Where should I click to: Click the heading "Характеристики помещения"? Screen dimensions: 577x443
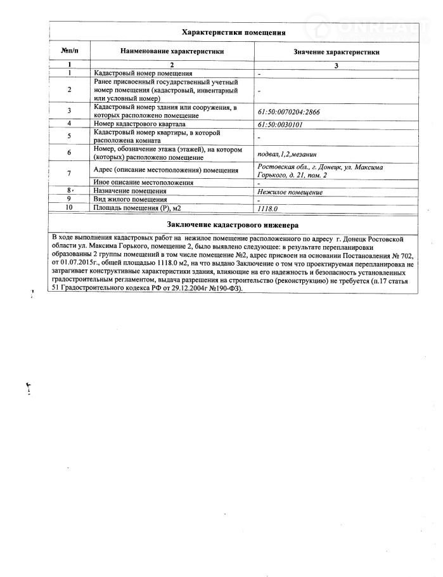[x=233, y=32]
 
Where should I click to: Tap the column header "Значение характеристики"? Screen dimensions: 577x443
[x=337, y=51]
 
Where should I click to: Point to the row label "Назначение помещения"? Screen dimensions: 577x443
[x=129, y=191]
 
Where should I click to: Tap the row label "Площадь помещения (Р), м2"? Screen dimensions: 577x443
[x=137, y=207]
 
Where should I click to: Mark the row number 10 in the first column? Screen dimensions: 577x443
[x=69, y=207]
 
